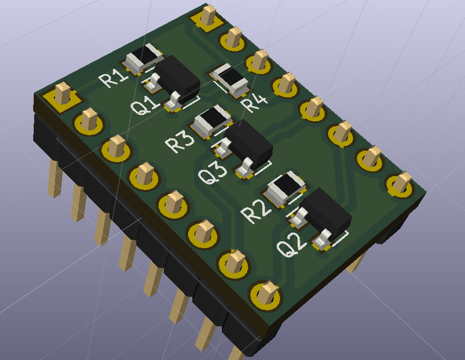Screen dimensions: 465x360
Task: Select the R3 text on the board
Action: coord(180,141)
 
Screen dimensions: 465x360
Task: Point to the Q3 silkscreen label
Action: coord(213,174)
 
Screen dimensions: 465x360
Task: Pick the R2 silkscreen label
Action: coord(256,211)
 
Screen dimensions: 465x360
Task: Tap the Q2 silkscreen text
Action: coord(291,244)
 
